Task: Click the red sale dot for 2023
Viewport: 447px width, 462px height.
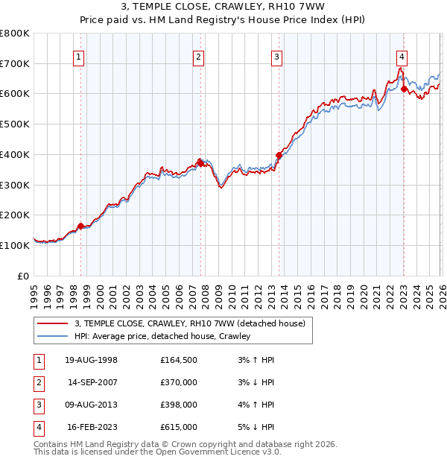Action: point(404,89)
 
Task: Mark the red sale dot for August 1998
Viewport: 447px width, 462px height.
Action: point(81,226)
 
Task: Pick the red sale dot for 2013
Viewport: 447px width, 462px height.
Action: point(279,155)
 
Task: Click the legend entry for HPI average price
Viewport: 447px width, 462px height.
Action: point(162,336)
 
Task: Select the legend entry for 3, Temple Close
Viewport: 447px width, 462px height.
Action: point(189,323)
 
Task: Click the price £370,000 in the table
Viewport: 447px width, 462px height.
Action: point(178,382)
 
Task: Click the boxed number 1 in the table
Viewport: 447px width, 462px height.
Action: point(37,360)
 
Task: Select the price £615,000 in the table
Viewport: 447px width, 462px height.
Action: point(178,427)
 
